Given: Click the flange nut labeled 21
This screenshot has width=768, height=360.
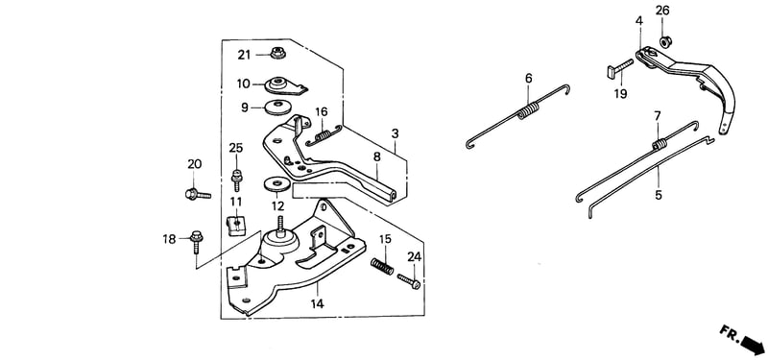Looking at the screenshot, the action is pyautogui.click(x=277, y=53).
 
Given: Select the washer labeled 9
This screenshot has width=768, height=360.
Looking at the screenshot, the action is pyautogui.click(x=276, y=108).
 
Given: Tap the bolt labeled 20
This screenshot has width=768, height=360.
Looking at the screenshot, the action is pyautogui.click(x=198, y=195).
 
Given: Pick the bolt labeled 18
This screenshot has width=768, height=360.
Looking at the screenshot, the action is pyautogui.click(x=196, y=241).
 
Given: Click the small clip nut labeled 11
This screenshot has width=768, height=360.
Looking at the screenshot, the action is pyautogui.click(x=236, y=225).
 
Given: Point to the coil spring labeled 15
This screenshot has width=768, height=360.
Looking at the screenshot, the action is pyautogui.click(x=382, y=267).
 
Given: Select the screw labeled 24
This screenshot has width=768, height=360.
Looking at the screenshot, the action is pyautogui.click(x=409, y=281).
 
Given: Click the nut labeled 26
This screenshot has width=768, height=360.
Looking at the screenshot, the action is pyautogui.click(x=664, y=42).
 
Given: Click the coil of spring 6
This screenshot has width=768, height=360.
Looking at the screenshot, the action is pyautogui.click(x=529, y=110).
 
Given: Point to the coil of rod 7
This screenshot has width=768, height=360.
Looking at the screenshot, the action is pyautogui.click(x=660, y=144).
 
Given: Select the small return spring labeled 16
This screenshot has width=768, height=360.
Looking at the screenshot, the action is pyautogui.click(x=323, y=135).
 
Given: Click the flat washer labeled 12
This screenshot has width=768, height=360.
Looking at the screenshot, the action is pyautogui.click(x=276, y=184).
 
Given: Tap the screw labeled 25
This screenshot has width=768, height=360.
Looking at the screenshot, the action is pyautogui.click(x=236, y=180).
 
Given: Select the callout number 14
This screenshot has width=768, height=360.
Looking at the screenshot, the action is pyautogui.click(x=317, y=303).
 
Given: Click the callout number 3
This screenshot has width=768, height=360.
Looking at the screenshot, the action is pyautogui.click(x=395, y=133).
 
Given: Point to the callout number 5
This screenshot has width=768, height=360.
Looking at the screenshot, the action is pyautogui.click(x=659, y=195).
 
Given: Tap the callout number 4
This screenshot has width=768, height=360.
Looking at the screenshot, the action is pyautogui.click(x=638, y=21).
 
